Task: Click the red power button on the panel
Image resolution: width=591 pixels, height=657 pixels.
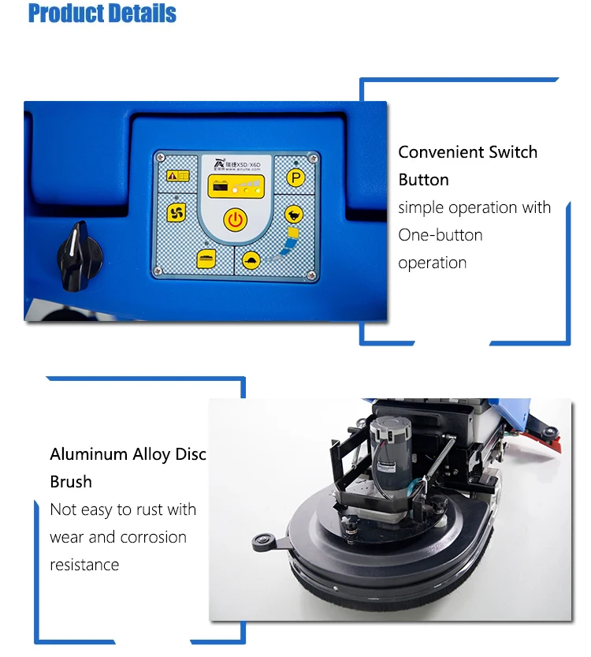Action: click(x=235, y=219)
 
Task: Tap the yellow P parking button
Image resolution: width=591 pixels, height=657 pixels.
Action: click(x=295, y=178)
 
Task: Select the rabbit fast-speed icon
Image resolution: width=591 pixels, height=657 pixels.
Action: click(x=294, y=214)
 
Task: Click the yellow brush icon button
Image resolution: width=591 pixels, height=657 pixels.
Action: click(x=206, y=257)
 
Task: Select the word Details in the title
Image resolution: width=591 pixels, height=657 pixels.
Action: click(x=142, y=13)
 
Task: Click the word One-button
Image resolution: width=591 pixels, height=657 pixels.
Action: click(x=440, y=235)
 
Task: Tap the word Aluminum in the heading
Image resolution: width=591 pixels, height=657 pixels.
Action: click(x=88, y=454)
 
